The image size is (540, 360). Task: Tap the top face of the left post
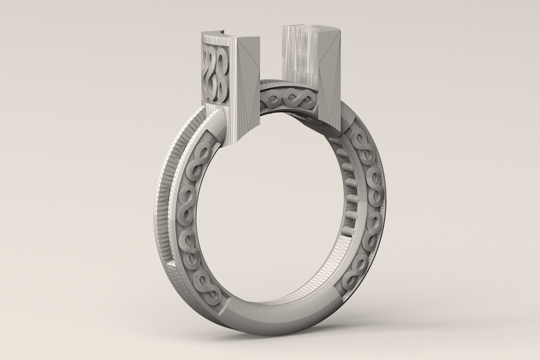[224, 35]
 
